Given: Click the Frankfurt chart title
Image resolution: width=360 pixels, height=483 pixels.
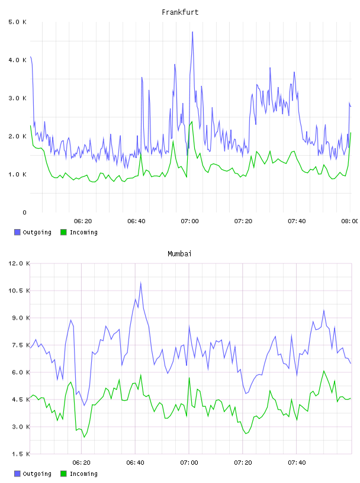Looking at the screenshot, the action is coord(180,12).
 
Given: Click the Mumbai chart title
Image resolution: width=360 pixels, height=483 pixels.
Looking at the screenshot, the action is coord(179,254).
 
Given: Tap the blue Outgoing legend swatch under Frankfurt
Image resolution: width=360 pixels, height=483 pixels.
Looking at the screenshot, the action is coord(17,232).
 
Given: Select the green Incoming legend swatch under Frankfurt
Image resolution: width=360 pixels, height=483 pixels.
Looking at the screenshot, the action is coord(63,232).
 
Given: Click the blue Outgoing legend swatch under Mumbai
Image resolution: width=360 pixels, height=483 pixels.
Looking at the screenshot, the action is coord(17,474).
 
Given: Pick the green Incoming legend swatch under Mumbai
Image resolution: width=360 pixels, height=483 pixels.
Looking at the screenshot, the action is coord(63,474).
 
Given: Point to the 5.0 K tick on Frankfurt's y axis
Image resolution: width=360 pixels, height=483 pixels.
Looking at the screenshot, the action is coord(18,22).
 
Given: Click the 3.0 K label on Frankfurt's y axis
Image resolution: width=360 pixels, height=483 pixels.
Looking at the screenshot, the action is coord(18,98).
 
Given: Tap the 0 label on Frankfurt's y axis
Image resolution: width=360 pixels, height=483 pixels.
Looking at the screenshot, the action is coord(25,212).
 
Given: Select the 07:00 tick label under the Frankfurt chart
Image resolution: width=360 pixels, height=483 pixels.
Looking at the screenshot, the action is coord(189,221).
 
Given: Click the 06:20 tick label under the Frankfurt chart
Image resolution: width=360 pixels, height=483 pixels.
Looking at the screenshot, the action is coord(83,221).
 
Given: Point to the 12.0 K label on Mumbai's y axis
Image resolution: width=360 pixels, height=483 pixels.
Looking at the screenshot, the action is coord(19,263).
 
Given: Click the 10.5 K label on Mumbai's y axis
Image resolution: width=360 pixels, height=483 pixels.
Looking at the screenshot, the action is coord(19,291).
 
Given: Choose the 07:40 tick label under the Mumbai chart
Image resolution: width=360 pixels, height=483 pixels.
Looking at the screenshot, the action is coord(297,463).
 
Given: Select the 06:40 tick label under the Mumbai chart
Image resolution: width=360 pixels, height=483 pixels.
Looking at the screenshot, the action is coord(136,463).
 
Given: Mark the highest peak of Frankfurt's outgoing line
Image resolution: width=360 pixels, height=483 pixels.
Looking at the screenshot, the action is coord(192,32).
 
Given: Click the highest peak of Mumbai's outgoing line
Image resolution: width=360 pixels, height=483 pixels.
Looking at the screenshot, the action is coord(141,282).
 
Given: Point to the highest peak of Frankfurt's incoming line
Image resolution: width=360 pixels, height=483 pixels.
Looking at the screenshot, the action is coord(192,121).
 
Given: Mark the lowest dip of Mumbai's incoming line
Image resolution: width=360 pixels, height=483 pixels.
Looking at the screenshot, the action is coord(84,437).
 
